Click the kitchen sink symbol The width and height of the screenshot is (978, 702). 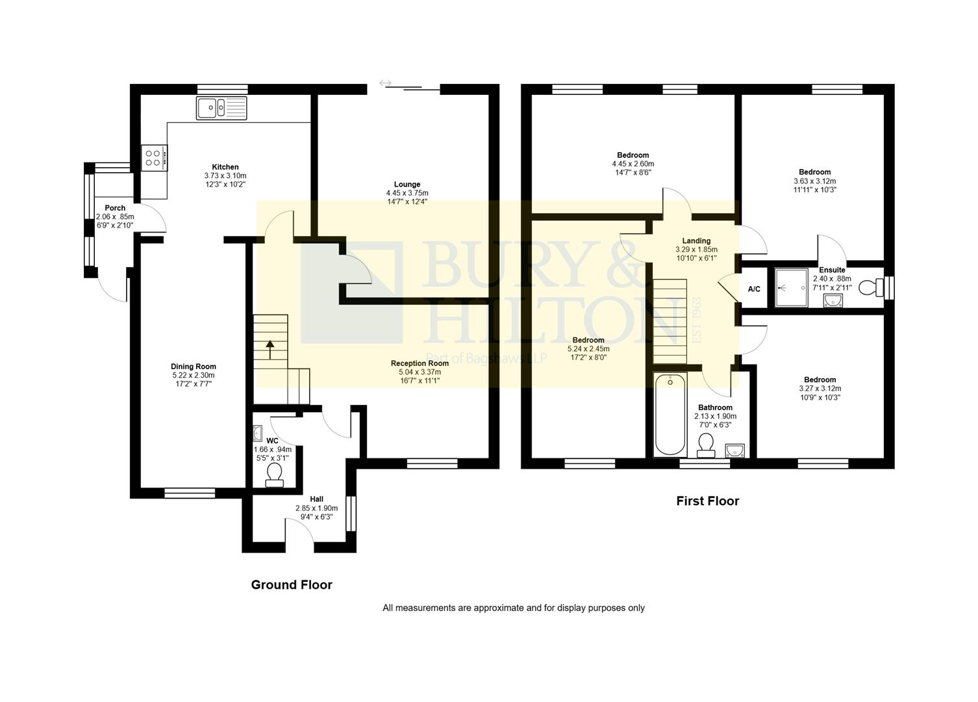(222, 109)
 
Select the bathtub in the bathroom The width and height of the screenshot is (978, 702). (670, 414)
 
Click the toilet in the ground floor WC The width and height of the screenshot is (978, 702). (275, 474)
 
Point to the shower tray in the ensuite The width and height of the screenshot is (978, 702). (790, 287)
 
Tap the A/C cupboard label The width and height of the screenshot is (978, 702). (754, 289)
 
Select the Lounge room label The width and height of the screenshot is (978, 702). (407, 184)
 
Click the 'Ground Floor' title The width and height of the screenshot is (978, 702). (292, 585)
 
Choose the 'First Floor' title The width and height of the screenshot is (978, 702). (707, 501)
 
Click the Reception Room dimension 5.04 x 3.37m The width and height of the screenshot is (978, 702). (420, 372)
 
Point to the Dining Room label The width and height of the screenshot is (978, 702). (194, 367)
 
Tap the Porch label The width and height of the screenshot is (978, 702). (115, 208)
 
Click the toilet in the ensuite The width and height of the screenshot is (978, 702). (869, 287)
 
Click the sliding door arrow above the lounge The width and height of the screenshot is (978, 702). (385, 83)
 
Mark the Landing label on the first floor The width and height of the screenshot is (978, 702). (696, 240)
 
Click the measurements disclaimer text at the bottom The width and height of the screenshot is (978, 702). (513, 608)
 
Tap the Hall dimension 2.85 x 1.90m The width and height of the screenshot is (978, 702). (316, 508)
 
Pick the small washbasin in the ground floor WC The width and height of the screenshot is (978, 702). (258, 433)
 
